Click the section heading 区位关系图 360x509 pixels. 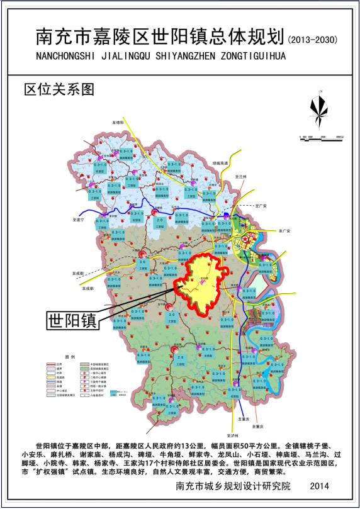[58, 89]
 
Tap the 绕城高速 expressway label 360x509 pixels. [220, 162]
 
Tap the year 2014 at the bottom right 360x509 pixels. [320, 486]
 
